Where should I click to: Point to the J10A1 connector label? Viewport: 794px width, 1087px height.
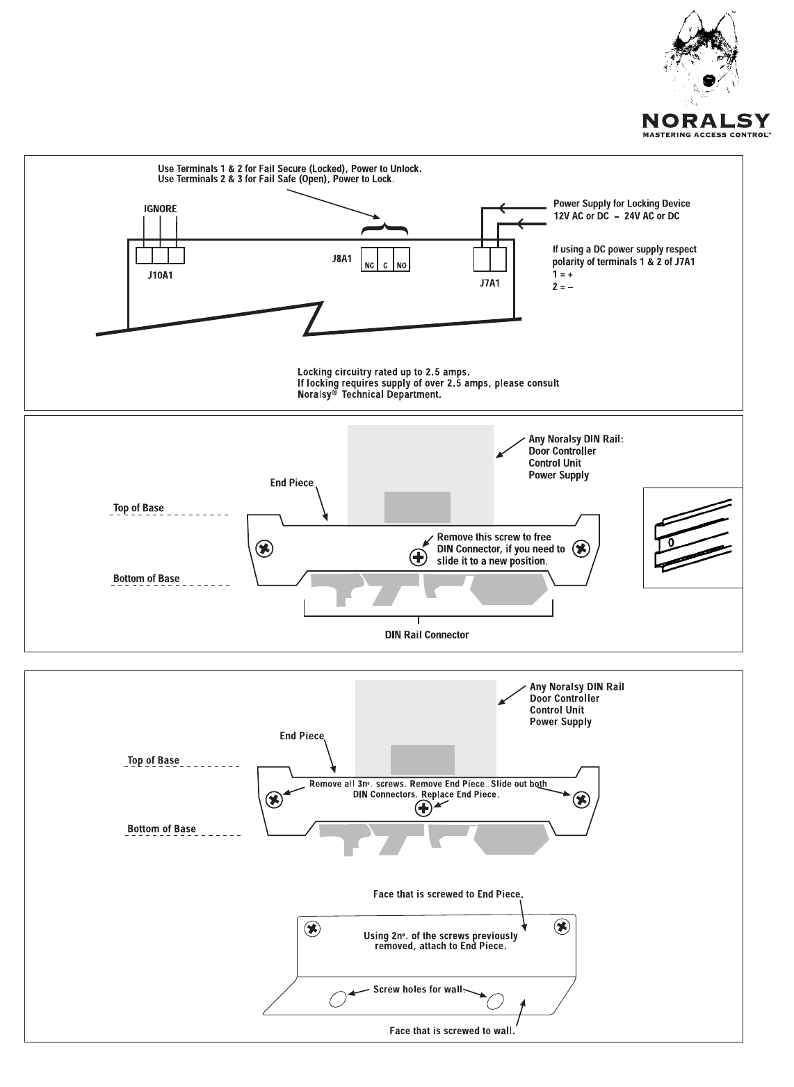pyautogui.click(x=161, y=275)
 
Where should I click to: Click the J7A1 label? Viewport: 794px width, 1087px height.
pyautogui.click(x=489, y=283)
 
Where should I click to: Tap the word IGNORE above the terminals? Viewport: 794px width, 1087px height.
pyautogui.click(x=160, y=209)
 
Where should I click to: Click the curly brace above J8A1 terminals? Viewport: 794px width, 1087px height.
pyautogui.click(x=384, y=230)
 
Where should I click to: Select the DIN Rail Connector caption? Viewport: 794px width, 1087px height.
pyautogui.click(x=427, y=635)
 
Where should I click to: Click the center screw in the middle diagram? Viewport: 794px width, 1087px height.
pyautogui.click(x=418, y=556)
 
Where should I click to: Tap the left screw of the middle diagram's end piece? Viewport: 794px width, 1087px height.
pyautogui.click(x=264, y=549)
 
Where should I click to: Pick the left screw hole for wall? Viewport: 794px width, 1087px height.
pyautogui.click(x=337, y=999)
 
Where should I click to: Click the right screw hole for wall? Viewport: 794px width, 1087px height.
pyautogui.click(x=495, y=1001)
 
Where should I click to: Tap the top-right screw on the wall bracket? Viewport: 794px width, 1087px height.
pyautogui.click(x=562, y=926)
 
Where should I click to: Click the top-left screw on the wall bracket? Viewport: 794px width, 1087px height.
pyautogui.click(x=313, y=928)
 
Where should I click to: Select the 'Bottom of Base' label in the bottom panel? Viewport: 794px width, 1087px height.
pyautogui.click(x=161, y=829)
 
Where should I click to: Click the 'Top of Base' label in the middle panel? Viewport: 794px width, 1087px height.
pyautogui.click(x=138, y=508)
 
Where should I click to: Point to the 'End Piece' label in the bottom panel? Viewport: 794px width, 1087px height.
pyautogui.click(x=302, y=736)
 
